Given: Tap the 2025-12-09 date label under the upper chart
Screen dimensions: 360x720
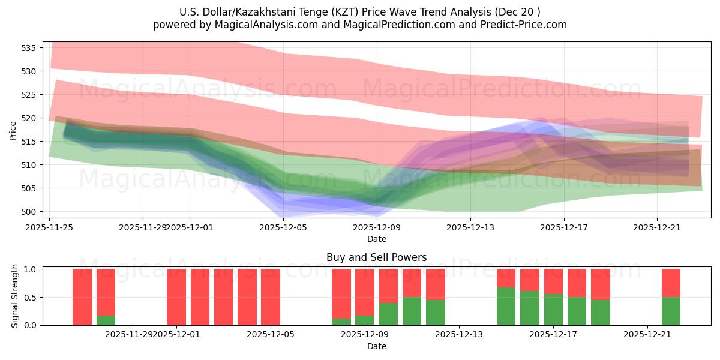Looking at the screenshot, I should pyautogui.click(x=377, y=227).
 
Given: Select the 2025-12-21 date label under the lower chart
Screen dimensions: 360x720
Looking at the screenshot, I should pyautogui.click(x=647, y=334).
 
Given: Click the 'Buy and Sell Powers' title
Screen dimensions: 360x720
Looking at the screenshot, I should pyautogui.click(x=376, y=257).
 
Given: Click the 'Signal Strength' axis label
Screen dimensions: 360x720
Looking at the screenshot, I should pyautogui.click(x=15, y=296).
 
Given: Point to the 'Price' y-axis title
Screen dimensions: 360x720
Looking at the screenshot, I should pyautogui.click(x=13, y=130).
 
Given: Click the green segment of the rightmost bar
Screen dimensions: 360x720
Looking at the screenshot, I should pyautogui.click(x=671, y=311).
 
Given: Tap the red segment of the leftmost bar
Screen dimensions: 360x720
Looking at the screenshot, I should pyautogui.click(x=82, y=297).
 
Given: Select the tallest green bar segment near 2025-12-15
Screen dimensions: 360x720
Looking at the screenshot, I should pyautogui.click(x=506, y=306).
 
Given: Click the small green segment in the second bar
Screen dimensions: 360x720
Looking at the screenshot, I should pyautogui.click(x=106, y=320).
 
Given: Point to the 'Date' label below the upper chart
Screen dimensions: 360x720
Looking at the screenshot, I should pyautogui.click(x=376, y=239).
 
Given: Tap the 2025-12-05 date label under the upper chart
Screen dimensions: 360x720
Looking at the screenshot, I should pyautogui.click(x=283, y=227).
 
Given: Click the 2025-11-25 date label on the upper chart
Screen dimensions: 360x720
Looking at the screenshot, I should pyautogui.click(x=49, y=227).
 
